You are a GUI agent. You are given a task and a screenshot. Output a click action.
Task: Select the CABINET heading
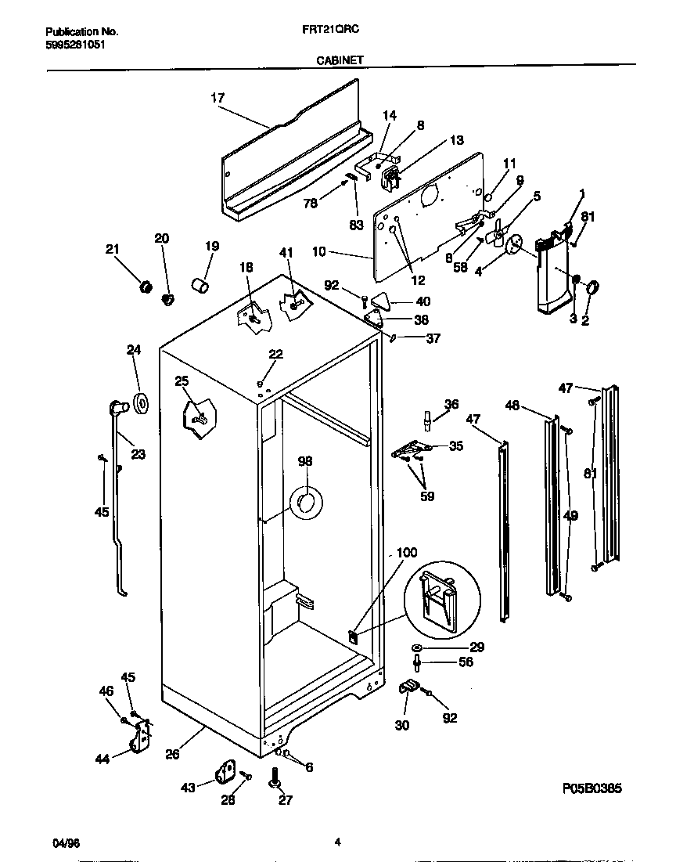(x=338, y=59)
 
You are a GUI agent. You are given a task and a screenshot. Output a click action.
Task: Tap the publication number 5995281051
(x=75, y=45)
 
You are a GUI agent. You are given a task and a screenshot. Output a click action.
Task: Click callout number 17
(x=218, y=98)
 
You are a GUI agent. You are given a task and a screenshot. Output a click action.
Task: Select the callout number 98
(x=304, y=462)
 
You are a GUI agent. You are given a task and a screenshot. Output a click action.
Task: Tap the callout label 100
(x=407, y=553)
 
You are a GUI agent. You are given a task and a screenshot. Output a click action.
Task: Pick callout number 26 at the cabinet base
(x=173, y=754)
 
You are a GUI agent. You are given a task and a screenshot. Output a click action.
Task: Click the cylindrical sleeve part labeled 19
(x=201, y=283)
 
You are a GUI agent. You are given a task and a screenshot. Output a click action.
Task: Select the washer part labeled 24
(x=142, y=404)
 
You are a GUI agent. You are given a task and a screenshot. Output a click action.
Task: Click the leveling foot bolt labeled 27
(x=275, y=779)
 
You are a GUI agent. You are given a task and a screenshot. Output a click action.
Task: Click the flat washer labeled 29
(x=416, y=648)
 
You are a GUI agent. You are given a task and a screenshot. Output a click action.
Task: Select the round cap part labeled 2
(x=591, y=288)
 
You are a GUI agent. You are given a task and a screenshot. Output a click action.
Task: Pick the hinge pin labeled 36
(x=426, y=420)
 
